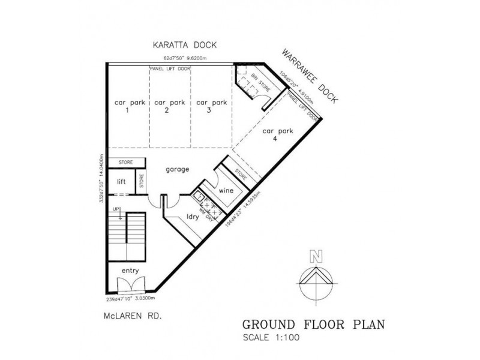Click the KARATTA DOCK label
tap(184, 44)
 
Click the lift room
tap(121, 182)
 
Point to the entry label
tap(130, 271)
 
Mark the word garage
tap(177, 170)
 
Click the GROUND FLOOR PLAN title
tap(313, 325)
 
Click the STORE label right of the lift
tap(142, 181)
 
